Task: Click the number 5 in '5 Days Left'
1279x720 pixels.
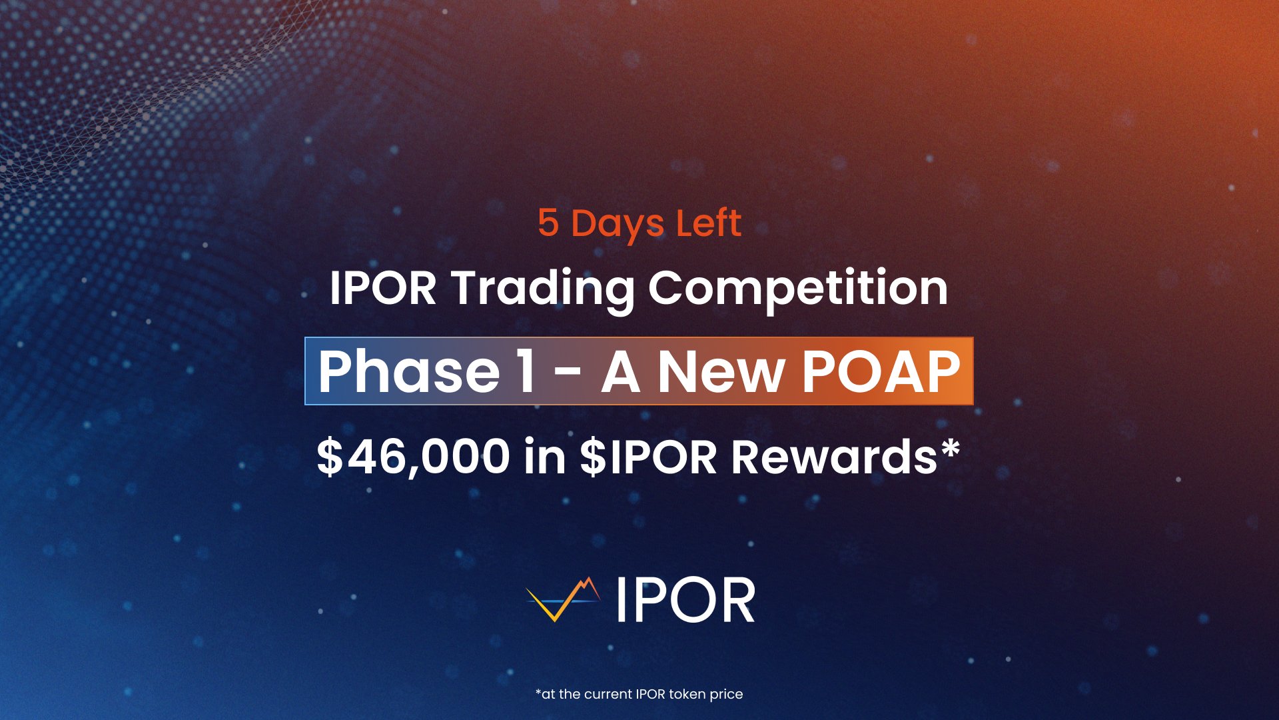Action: (x=548, y=223)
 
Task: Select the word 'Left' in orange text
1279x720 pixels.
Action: (x=708, y=223)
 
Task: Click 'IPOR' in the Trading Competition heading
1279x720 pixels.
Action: (x=383, y=288)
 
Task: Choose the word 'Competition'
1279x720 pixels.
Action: (x=798, y=289)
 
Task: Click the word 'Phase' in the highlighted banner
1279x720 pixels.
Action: (x=408, y=371)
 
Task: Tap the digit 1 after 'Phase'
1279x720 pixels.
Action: (x=526, y=371)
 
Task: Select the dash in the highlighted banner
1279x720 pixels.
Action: (x=568, y=373)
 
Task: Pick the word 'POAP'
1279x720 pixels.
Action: (x=881, y=371)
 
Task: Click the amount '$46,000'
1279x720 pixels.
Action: (x=413, y=457)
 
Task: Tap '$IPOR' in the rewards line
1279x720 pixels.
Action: (x=647, y=457)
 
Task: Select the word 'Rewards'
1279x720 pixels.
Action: (x=834, y=457)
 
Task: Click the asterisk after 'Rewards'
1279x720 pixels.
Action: (x=951, y=447)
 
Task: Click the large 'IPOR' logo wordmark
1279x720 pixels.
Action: (x=685, y=600)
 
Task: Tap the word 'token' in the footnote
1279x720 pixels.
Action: (x=687, y=694)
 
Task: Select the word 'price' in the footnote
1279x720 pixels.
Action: (x=726, y=695)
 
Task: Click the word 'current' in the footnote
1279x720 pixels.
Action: (x=608, y=694)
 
